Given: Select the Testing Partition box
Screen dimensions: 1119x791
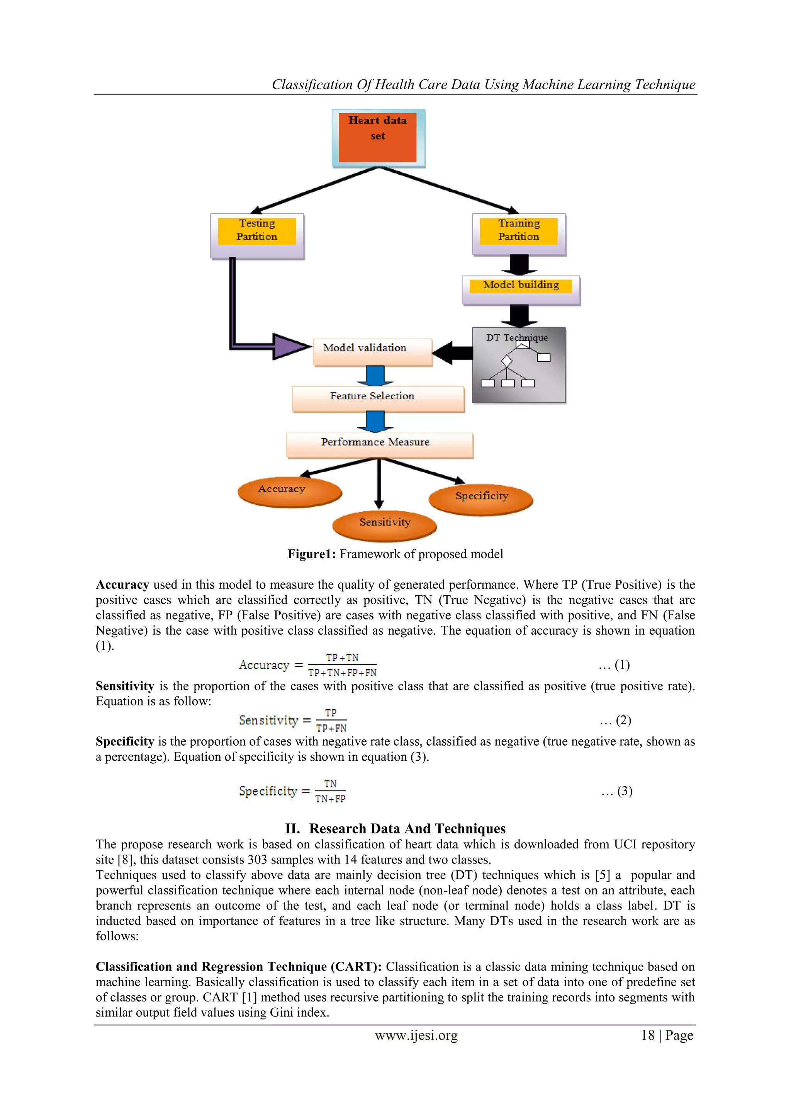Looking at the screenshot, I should click(257, 235).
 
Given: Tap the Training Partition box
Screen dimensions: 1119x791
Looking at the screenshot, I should click(519, 234).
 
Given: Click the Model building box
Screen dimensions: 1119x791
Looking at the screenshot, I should click(521, 290).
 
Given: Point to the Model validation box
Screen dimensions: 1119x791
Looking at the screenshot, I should click(373, 351).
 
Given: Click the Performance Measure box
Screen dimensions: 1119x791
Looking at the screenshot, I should click(379, 445).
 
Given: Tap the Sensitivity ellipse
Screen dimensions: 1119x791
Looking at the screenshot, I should click(384, 525).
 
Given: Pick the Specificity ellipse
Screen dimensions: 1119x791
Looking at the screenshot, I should click(481, 499).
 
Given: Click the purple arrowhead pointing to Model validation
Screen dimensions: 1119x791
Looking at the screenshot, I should click(290, 346).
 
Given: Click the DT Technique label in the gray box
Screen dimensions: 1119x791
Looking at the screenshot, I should click(517, 337).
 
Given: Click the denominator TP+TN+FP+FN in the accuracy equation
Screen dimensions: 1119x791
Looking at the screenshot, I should click(342, 673).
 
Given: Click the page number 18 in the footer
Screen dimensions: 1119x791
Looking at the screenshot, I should click(648, 1035).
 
